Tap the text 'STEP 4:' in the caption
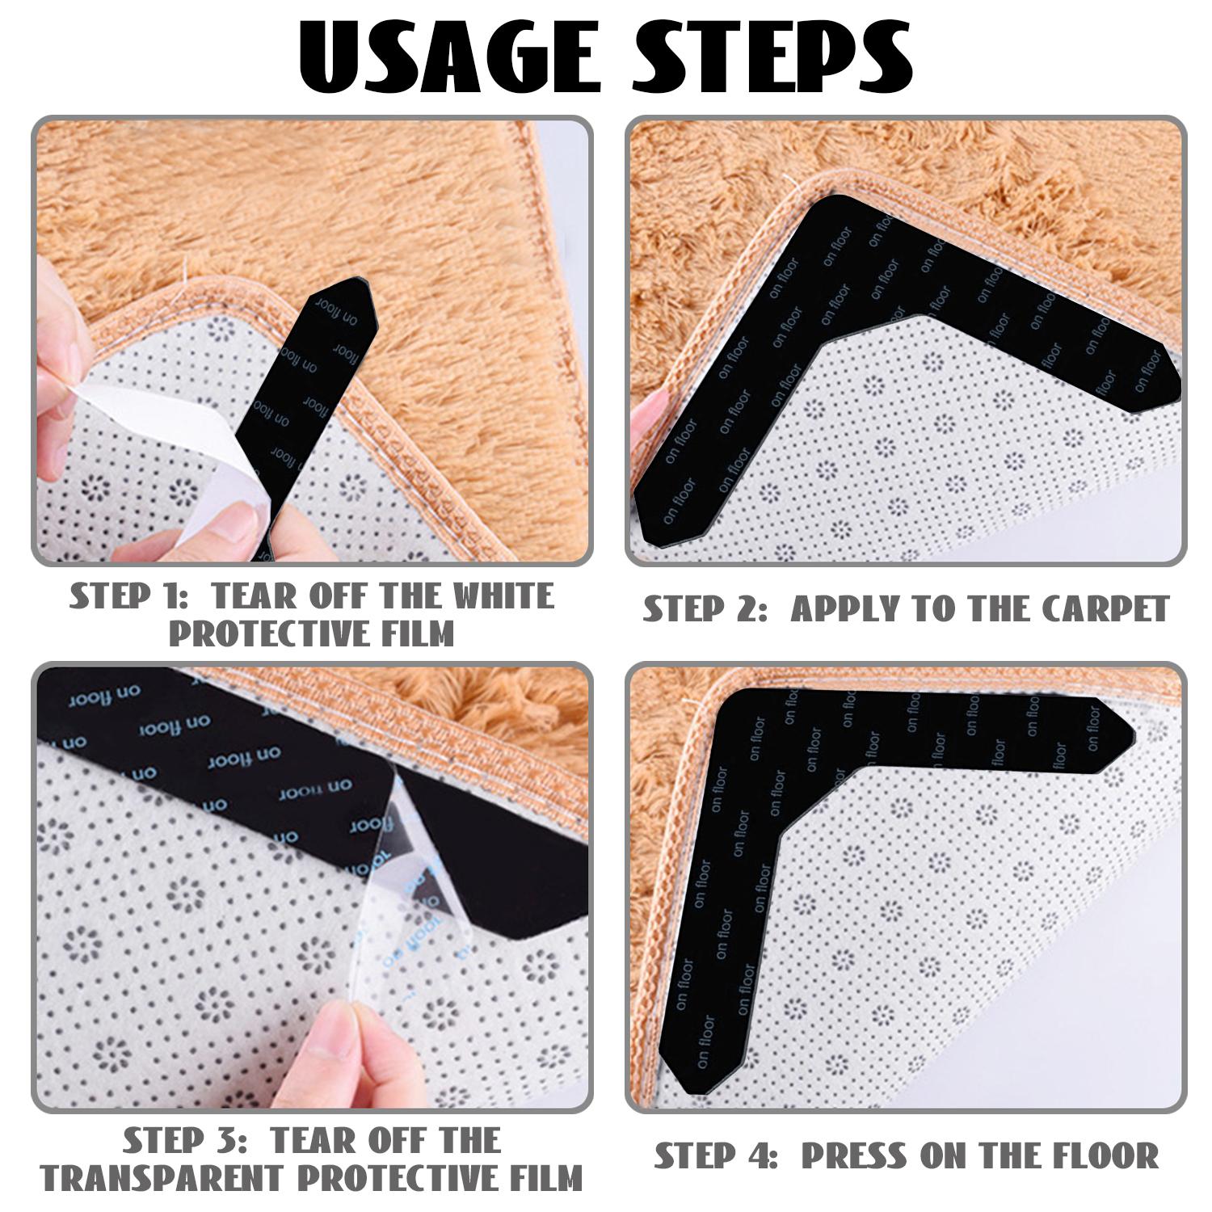716,1156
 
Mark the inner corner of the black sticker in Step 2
824,343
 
